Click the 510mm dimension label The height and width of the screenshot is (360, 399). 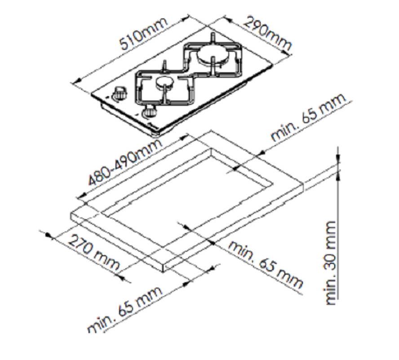coord(144,34)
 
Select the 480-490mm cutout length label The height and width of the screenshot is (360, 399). coord(125,162)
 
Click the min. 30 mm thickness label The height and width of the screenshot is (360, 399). coord(331,262)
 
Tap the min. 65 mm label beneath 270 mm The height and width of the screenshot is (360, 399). coord(125,310)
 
